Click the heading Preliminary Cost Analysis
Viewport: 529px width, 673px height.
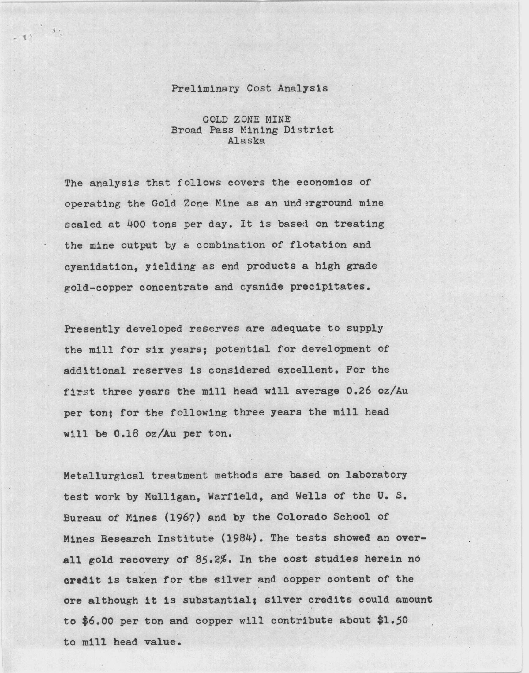point(249,88)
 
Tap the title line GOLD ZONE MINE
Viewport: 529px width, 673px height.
point(246,119)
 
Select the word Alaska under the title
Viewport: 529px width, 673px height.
point(246,141)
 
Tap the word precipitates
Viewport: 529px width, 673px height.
point(330,287)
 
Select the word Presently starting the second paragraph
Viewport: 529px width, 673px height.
point(92,329)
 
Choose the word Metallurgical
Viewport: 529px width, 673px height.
point(104,475)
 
